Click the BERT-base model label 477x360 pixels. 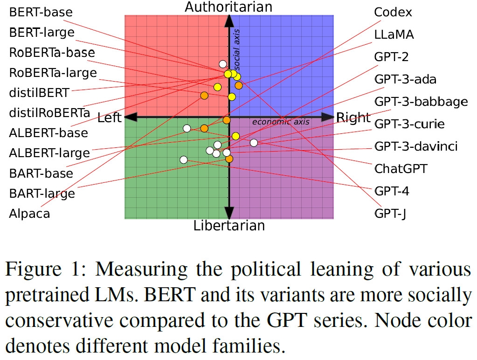tap(41, 13)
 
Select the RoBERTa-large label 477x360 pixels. tap(53, 73)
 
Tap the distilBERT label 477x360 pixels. tap(39, 93)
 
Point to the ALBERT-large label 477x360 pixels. tap(49, 153)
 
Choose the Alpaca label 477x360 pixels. tap(29, 214)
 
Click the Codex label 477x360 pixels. tap(393, 13)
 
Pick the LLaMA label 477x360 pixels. tap(394, 35)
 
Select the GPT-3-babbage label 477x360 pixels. tap(421, 102)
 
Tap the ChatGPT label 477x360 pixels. tap(401, 168)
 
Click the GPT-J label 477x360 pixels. tap(391, 214)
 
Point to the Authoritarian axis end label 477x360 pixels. tap(228, 7)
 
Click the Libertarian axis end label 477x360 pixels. tap(229, 226)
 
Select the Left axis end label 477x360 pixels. tap(109, 118)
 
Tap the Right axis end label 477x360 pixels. tap(353, 118)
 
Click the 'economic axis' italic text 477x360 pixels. tap(281, 122)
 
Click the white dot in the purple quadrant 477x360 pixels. tap(254, 143)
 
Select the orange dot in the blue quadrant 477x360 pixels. tap(239, 85)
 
